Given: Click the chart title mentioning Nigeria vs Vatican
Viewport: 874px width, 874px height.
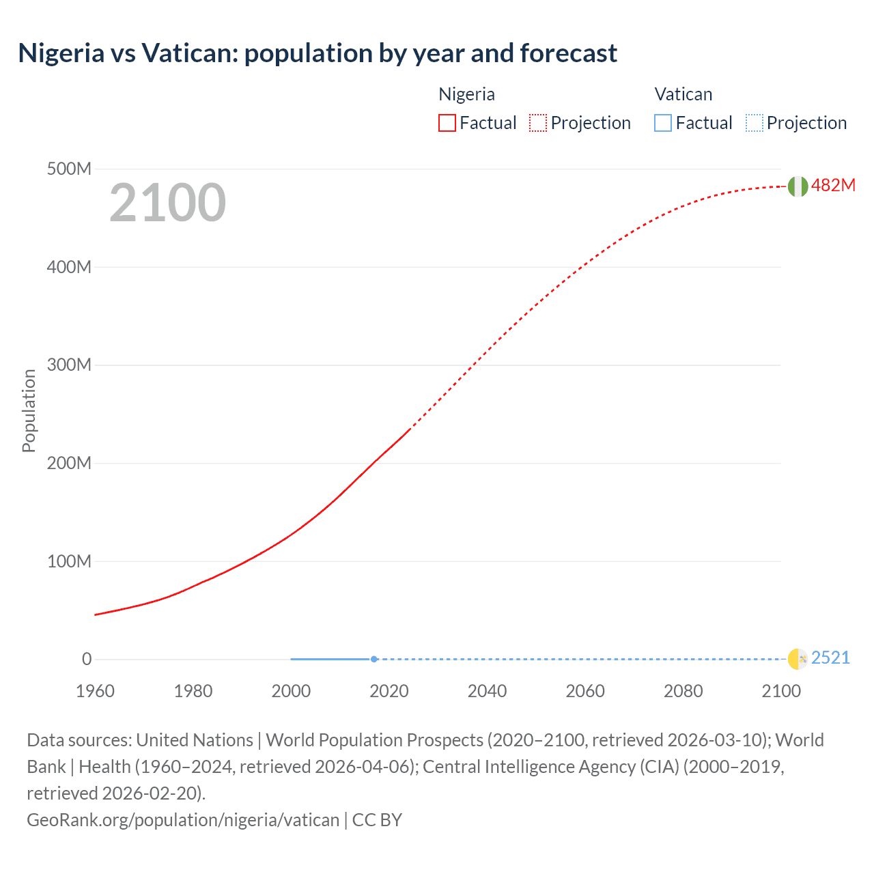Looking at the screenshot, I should pyautogui.click(x=318, y=53).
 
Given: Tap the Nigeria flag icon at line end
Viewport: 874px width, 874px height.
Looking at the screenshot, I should pyautogui.click(x=798, y=186).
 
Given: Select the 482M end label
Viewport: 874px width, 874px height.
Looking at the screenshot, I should pyautogui.click(x=833, y=185).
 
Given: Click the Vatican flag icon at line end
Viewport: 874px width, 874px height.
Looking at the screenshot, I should pyautogui.click(x=798, y=659).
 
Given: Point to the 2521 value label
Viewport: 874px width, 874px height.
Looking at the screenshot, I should pyautogui.click(x=830, y=658).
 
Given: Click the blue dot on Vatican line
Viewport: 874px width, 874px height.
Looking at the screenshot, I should pyautogui.click(x=374, y=659).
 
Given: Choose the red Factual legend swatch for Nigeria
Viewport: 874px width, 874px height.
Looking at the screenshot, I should pyautogui.click(x=447, y=123).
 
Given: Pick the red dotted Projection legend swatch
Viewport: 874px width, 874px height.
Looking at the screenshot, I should pyautogui.click(x=538, y=123).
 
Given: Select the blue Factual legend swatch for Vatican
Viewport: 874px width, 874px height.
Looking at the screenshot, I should pyautogui.click(x=663, y=123).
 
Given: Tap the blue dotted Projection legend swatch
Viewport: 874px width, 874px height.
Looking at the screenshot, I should pyautogui.click(x=754, y=123).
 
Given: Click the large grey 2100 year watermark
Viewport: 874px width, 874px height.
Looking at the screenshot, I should pyautogui.click(x=167, y=202).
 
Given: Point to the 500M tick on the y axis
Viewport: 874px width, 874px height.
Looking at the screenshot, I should pyautogui.click(x=69, y=169).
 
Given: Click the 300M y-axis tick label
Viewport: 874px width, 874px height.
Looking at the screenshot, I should pyautogui.click(x=69, y=365).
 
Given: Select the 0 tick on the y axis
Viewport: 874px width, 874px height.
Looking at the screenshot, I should pyautogui.click(x=87, y=659).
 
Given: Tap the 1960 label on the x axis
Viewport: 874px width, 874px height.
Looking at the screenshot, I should pyautogui.click(x=95, y=691).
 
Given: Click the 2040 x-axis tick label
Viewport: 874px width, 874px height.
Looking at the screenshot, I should pyautogui.click(x=487, y=691).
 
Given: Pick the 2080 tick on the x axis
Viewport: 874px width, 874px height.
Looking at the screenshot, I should pyautogui.click(x=683, y=691).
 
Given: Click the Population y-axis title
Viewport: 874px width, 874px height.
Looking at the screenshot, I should pyautogui.click(x=29, y=410).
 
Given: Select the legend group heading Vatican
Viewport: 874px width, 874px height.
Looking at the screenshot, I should pyautogui.click(x=683, y=94).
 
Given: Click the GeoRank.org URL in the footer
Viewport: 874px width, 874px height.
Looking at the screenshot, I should pyautogui.click(x=183, y=819).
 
